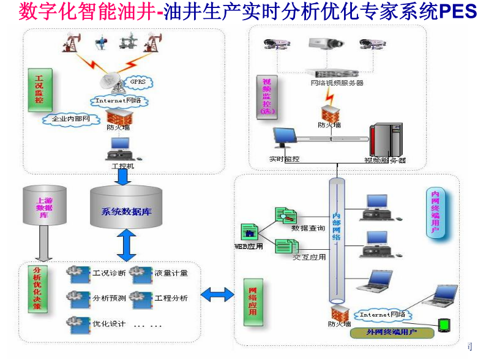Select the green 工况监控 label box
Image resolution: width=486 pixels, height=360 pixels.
pyautogui.click(x=39, y=89)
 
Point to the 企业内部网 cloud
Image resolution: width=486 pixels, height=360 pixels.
pyautogui.click(x=71, y=119)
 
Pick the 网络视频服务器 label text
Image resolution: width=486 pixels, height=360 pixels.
pyautogui.click(x=337, y=83)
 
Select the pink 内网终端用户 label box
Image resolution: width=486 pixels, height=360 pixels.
pyautogui.click(x=435, y=211)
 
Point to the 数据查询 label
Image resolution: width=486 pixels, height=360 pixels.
pyautogui.click(x=308, y=228)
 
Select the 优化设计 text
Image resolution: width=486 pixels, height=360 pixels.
pyautogui.click(x=109, y=323)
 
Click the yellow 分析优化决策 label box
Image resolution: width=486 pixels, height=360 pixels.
pyautogui.click(x=38, y=288)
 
